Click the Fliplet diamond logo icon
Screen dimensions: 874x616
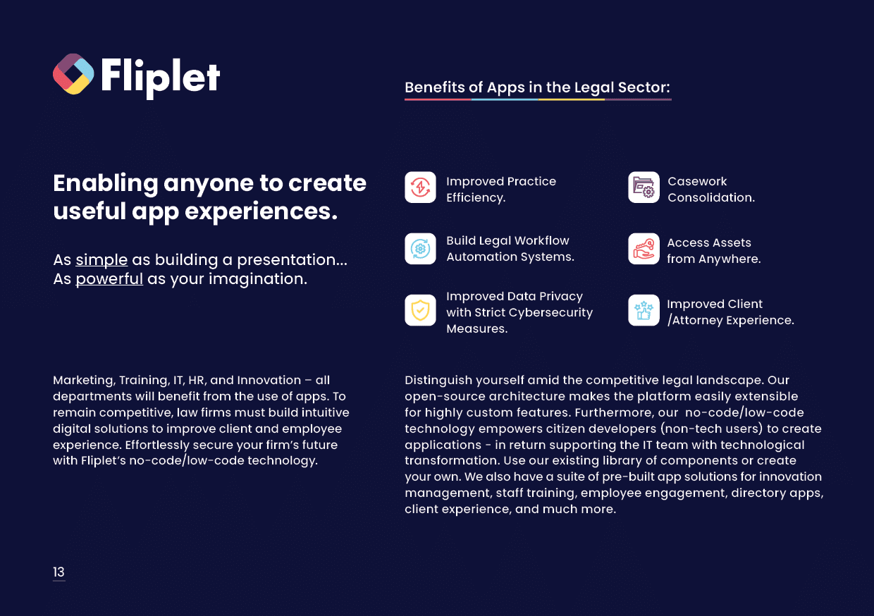pos(73,74)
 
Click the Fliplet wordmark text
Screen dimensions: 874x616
pos(161,78)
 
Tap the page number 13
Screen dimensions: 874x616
pos(59,572)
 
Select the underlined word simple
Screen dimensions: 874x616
pos(101,260)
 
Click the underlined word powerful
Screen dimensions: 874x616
pos(109,279)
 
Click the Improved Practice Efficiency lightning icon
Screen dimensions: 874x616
pos(420,187)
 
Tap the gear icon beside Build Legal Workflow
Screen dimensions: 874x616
pos(420,249)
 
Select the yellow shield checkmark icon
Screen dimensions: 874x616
pos(420,310)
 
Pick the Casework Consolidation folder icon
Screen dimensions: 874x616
pos(644,187)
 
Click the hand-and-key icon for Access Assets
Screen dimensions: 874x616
pos(644,249)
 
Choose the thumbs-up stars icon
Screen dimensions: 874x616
pos(644,310)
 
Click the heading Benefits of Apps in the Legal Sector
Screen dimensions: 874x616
pos(537,88)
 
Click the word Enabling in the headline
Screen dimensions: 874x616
pos(105,184)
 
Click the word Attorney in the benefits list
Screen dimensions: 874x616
pos(697,321)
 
